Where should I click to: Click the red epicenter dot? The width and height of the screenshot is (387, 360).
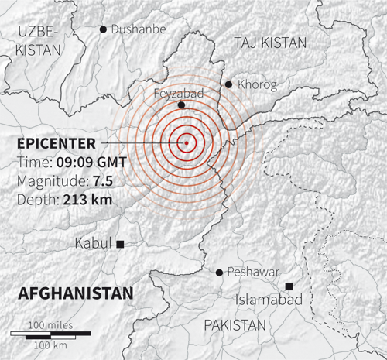click(186, 142)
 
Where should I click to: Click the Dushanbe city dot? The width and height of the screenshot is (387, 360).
click(103, 29)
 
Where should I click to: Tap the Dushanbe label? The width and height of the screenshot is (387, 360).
click(138, 29)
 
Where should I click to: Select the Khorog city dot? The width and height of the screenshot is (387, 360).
click(228, 84)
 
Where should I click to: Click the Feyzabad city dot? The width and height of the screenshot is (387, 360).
click(181, 105)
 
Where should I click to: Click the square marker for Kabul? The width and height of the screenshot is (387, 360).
click(121, 244)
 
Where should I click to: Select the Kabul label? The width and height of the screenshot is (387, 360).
click(94, 243)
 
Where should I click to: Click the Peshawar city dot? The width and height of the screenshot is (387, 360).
click(219, 272)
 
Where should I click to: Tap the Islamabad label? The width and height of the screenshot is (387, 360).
click(272, 300)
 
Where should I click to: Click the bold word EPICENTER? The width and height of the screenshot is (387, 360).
click(57, 144)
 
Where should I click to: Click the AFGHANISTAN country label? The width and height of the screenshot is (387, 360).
click(75, 293)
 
